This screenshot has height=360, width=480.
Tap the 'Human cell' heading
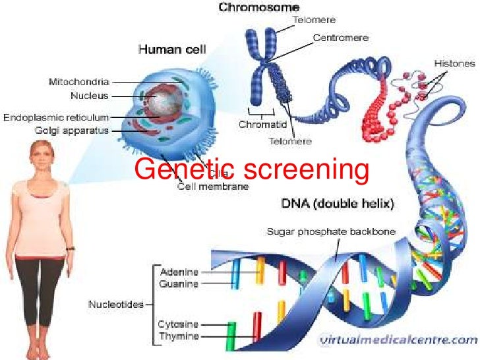click(x=171, y=49)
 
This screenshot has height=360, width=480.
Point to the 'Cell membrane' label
click(x=213, y=187)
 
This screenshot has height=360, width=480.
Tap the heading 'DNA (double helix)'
click(x=338, y=204)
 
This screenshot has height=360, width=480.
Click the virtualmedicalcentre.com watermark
click(x=397, y=340)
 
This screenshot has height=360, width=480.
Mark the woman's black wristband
click(x=71, y=248)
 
